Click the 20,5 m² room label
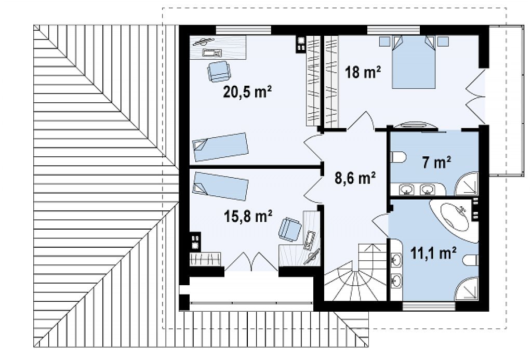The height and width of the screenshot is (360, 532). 247,91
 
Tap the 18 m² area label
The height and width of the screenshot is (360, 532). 363,72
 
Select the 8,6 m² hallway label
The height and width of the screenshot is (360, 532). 355,178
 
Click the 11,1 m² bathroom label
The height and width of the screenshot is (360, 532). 433,253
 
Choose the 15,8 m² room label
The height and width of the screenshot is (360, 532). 248,216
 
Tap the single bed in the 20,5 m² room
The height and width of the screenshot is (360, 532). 220,147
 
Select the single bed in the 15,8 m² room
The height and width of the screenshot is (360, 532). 220,185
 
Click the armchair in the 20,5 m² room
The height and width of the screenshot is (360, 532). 219,71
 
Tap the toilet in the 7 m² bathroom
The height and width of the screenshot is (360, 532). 398,157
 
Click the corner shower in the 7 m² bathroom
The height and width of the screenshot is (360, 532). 467,184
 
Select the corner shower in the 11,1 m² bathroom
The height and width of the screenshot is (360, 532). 467,289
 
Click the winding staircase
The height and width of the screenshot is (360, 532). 355,272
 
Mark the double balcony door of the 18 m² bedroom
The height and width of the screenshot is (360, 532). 475,97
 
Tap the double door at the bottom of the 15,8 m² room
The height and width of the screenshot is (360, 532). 251,261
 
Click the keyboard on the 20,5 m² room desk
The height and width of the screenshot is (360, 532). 212,52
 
